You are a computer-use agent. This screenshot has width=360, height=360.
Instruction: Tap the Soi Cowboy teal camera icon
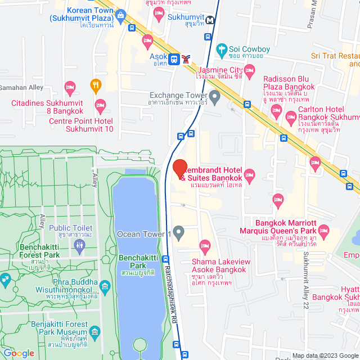click(x=222, y=49)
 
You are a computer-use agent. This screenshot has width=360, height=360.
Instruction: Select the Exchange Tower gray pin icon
click(x=214, y=96)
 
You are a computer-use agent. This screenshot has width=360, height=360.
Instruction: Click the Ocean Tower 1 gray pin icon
click(x=178, y=231)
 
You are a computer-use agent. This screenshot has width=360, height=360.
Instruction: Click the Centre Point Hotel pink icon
click(x=101, y=105)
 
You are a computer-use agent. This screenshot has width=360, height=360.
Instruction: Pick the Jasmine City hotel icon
click(x=250, y=69)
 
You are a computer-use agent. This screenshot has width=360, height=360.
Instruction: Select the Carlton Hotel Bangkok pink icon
click(x=291, y=118)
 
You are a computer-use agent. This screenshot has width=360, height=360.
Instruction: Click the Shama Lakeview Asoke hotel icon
click(x=205, y=245)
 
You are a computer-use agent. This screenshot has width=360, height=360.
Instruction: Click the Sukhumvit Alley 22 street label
click(x=306, y=276)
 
